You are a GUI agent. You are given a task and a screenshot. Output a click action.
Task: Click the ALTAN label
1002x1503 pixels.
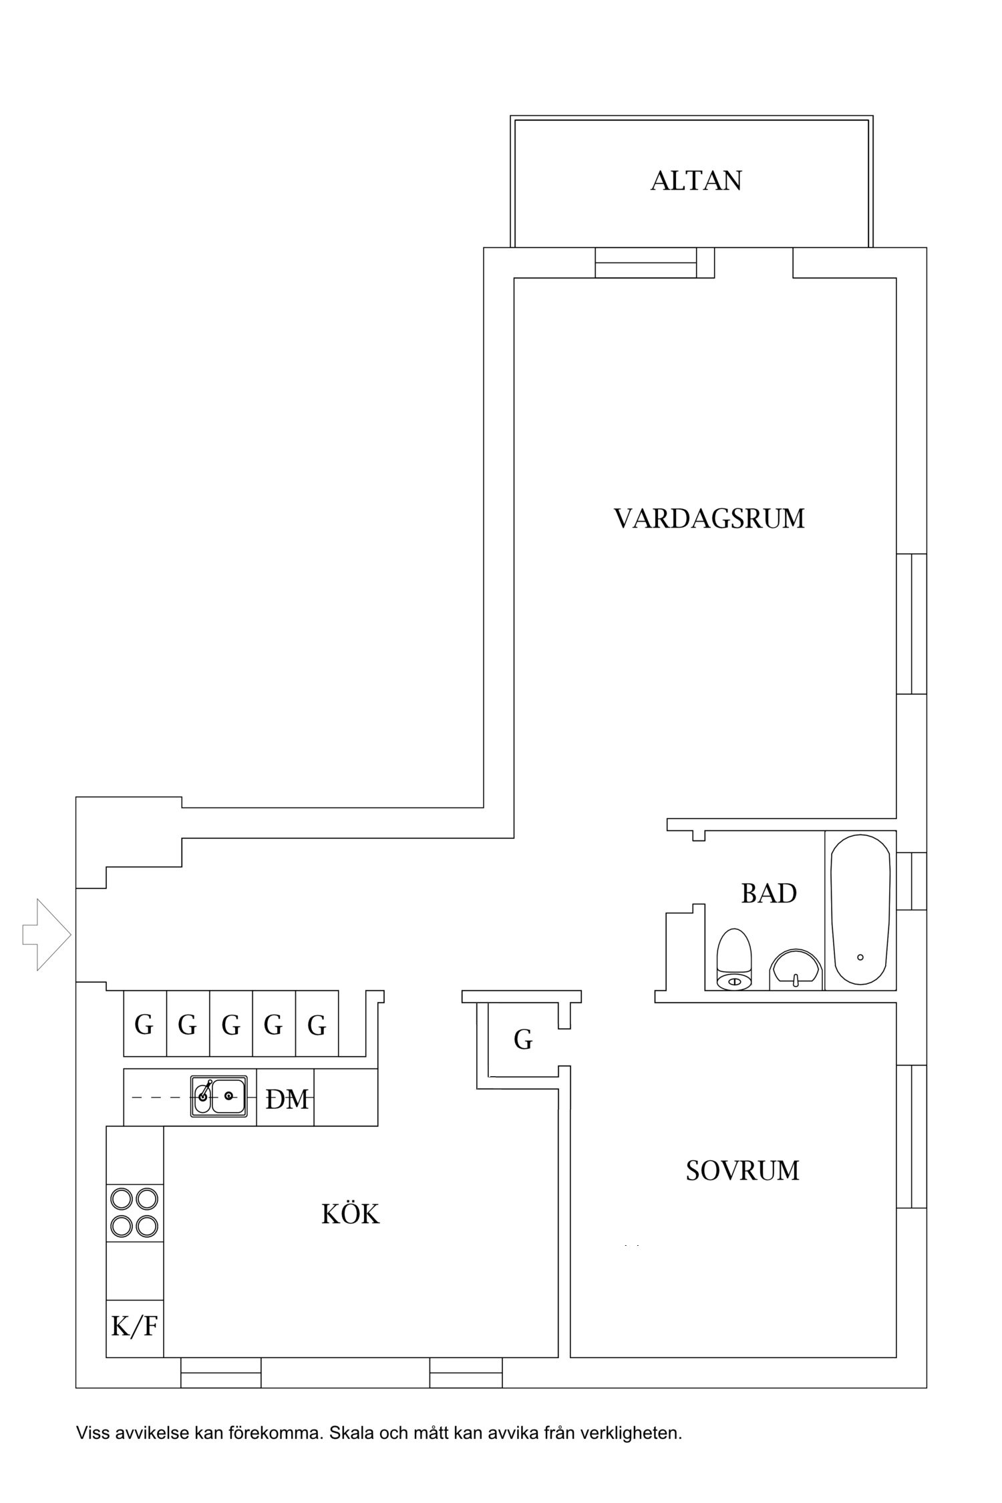coord(696,181)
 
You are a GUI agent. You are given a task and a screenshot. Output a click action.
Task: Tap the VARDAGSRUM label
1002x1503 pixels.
coord(709,519)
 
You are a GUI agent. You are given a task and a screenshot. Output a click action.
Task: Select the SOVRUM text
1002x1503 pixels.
coord(742,1170)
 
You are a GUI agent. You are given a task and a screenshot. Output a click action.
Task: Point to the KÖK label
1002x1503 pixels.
coord(351,1214)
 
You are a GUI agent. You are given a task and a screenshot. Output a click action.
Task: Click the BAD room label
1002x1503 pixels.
coord(768,893)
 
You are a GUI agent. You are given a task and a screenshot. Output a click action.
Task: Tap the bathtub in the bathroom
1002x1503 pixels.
coord(860,909)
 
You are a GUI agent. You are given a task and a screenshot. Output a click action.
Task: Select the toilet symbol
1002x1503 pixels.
coord(734,959)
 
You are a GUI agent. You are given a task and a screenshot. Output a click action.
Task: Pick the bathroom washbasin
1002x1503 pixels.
coord(795,970)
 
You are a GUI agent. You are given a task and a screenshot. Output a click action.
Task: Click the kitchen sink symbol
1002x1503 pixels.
coord(218,1096)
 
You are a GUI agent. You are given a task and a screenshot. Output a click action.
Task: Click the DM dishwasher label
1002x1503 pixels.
coord(287,1099)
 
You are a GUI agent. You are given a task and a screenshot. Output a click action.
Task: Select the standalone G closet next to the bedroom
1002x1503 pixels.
coord(523,1039)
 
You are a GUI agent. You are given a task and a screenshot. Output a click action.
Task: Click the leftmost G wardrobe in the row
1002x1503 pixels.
coord(144,1025)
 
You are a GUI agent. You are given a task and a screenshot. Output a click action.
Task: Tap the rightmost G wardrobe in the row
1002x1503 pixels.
coord(317,1025)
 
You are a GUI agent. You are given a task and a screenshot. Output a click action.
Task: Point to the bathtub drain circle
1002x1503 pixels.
coord(860,957)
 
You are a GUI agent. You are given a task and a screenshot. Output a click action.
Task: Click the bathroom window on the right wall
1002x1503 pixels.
coord(911,881)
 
